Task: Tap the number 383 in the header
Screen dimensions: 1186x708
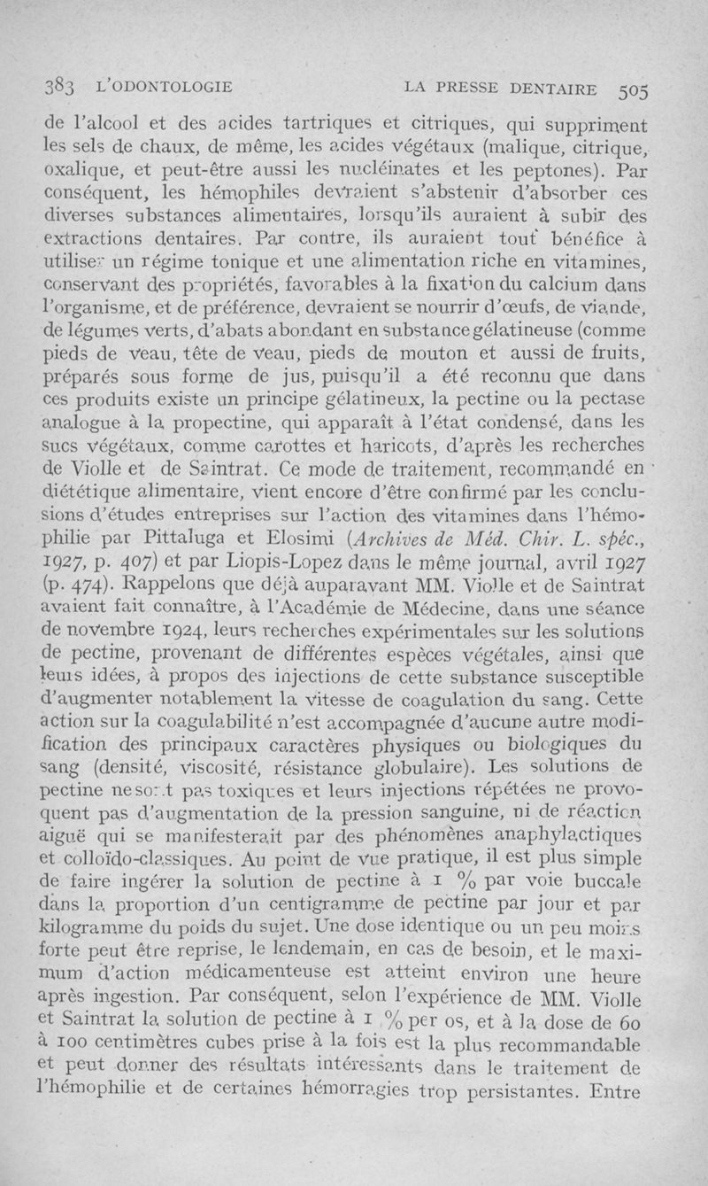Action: click(x=62, y=88)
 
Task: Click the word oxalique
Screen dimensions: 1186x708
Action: click(x=84, y=169)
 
